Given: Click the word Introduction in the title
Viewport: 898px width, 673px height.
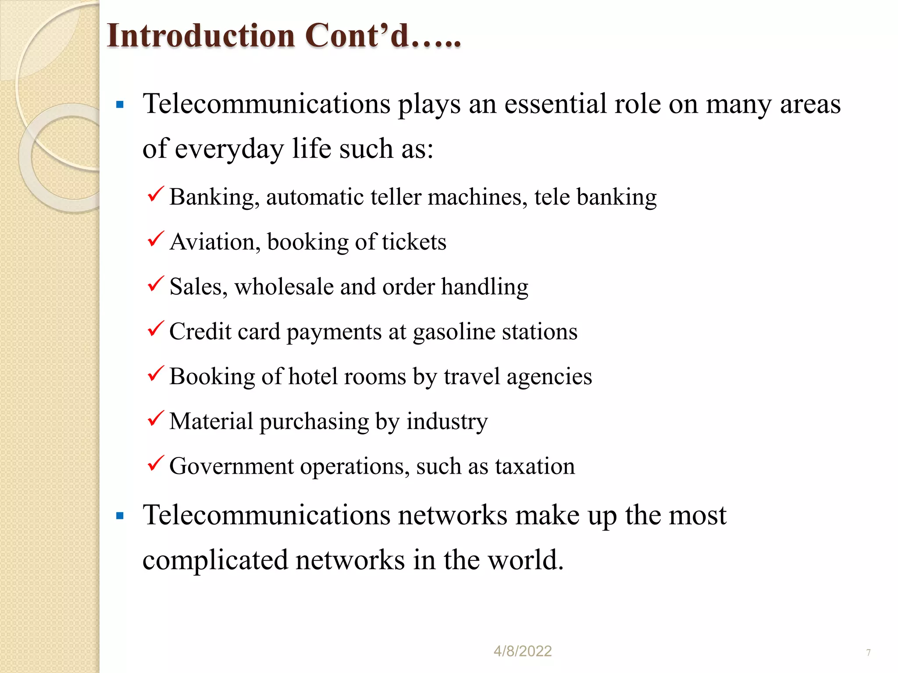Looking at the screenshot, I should [201, 36].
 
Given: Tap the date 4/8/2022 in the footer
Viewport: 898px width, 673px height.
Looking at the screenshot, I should [522, 651].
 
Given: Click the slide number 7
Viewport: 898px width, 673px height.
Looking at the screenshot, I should [868, 653].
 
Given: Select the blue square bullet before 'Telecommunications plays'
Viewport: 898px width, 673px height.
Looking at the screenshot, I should [120, 105].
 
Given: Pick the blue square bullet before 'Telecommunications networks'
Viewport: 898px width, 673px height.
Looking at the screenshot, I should [120, 516].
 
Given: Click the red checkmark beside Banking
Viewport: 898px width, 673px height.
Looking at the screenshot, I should [156, 194].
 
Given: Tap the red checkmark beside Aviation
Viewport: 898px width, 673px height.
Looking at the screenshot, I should [156, 239].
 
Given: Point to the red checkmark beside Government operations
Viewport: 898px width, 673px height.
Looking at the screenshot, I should [156, 463].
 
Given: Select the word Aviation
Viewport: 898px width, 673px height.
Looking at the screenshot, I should [212, 242].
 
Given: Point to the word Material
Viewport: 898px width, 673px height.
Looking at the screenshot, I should [211, 422].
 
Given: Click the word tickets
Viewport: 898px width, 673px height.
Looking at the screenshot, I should [414, 242].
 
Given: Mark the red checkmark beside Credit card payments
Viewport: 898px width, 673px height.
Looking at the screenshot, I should [156, 329].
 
